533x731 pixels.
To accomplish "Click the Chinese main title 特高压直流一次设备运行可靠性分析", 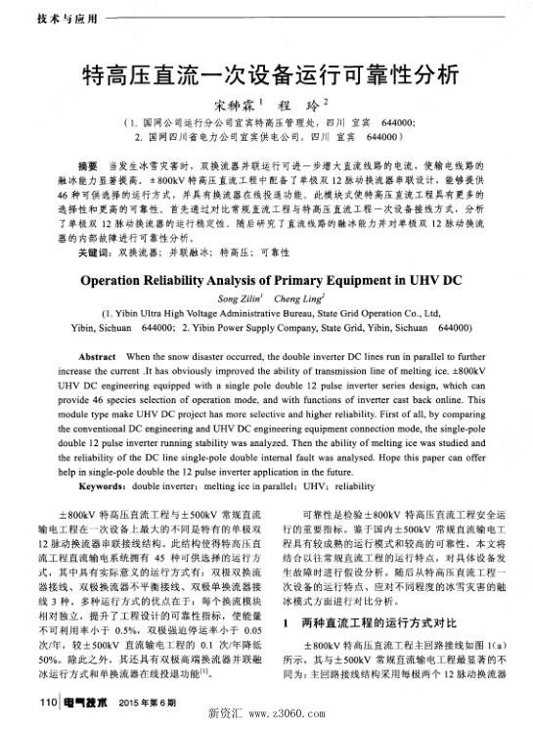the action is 266,74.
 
